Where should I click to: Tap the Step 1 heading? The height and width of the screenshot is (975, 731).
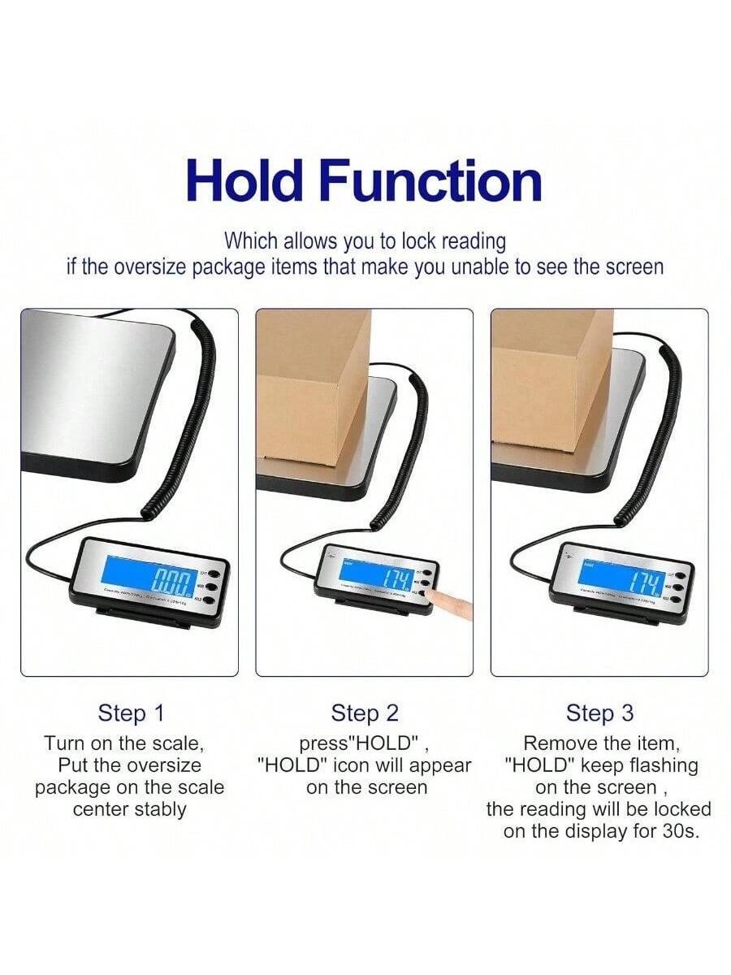click(131, 713)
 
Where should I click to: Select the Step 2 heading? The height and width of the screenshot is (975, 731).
click(365, 713)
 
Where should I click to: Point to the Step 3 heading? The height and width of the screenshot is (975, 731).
click(599, 713)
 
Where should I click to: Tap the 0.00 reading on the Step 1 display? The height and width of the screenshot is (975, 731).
click(170, 581)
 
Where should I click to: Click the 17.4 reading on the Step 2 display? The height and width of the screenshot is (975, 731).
click(397, 578)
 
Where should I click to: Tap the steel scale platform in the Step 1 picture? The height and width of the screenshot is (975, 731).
click(97, 390)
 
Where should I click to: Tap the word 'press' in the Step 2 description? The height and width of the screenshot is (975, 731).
click(318, 743)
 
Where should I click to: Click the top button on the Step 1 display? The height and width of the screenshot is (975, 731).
click(212, 571)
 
